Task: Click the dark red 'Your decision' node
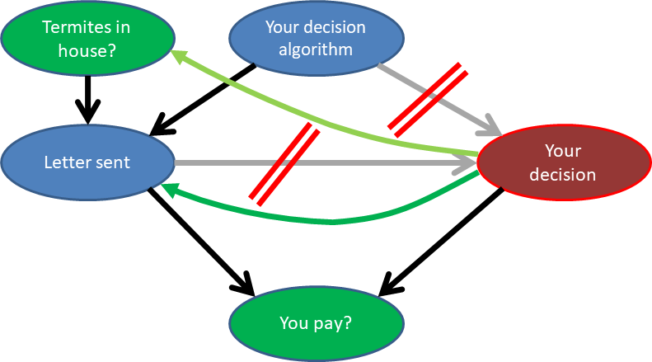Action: click(x=562, y=162)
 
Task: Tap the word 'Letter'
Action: click(x=65, y=162)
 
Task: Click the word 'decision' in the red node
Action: click(x=562, y=174)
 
